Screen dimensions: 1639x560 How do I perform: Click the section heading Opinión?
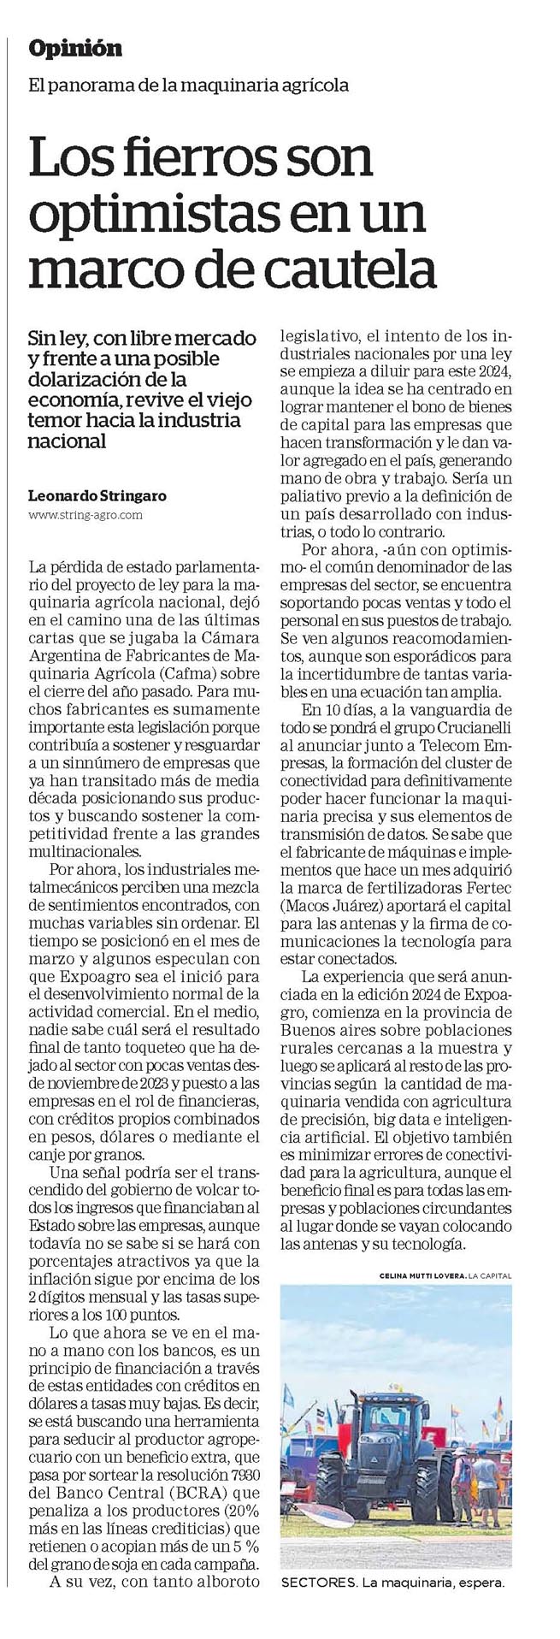coord(75,49)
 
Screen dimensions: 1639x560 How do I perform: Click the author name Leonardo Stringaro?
coord(97,495)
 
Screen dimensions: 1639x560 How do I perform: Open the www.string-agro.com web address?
coord(85,515)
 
